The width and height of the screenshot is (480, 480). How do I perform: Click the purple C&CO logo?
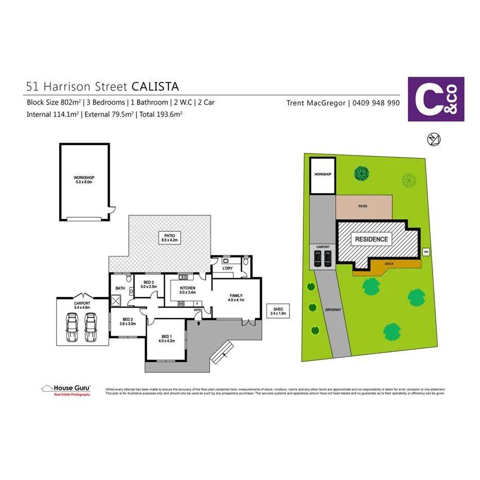(436, 99)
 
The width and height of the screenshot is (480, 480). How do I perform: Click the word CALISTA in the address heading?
(156, 85)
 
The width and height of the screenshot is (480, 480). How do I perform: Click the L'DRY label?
(227, 269)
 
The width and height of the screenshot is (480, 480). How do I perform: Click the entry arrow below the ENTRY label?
(199, 323)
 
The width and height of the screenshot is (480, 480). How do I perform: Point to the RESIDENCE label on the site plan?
(371, 239)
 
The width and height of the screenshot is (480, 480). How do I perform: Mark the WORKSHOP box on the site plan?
(322, 175)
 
